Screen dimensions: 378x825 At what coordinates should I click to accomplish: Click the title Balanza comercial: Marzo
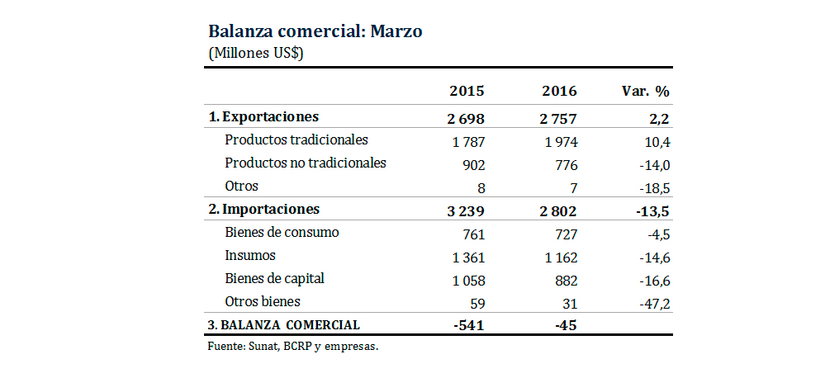coord(315,32)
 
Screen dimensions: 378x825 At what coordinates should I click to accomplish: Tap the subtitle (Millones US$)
coord(256,53)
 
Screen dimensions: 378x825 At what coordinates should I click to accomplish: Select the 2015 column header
coord(466,91)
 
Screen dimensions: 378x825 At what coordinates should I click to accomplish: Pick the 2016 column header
coord(559,91)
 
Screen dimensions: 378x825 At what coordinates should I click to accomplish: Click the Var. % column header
coord(645,91)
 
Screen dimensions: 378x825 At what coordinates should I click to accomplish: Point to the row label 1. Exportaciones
coord(263,117)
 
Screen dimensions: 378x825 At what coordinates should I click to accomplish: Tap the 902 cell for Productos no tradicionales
coord(473,164)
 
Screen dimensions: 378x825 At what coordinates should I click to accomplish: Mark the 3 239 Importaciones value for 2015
coord(467,210)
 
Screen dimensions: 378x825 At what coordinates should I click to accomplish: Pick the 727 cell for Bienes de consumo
coord(566,234)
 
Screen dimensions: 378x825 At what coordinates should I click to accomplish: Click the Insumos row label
coord(249,256)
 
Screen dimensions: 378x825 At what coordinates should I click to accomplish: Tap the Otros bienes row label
coord(262,301)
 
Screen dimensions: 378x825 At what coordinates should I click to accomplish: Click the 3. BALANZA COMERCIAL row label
coord(284,325)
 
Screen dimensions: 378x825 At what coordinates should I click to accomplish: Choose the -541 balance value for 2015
coord(469,325)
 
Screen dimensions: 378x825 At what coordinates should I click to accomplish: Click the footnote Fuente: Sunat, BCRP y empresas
coord(292,347)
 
